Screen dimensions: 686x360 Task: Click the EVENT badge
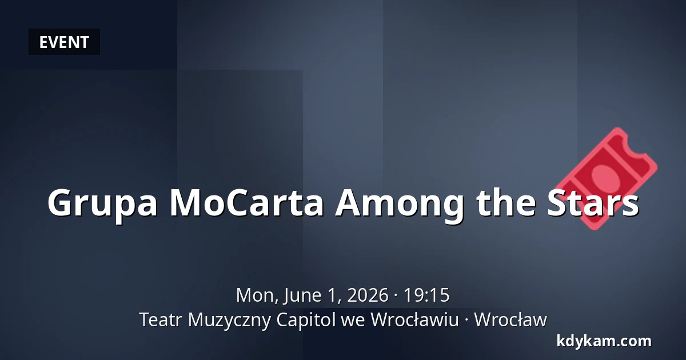pos(64,42)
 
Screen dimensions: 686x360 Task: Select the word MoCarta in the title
pos(246,202)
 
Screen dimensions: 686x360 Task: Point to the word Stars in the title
pos(593,202)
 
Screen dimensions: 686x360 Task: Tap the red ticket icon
pos(606,178)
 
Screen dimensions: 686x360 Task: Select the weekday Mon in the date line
pos(257,295)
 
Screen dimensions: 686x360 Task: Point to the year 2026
pos(368,295)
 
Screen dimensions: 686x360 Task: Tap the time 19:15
pos(426,295)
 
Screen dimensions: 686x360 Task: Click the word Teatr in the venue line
pos(161,320)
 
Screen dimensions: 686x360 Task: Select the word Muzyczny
pos(229,321)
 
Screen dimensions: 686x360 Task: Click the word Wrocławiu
pos(415,319)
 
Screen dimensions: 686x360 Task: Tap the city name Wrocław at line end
pos(510,319)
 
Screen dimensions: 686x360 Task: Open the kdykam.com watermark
pos(604,341)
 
